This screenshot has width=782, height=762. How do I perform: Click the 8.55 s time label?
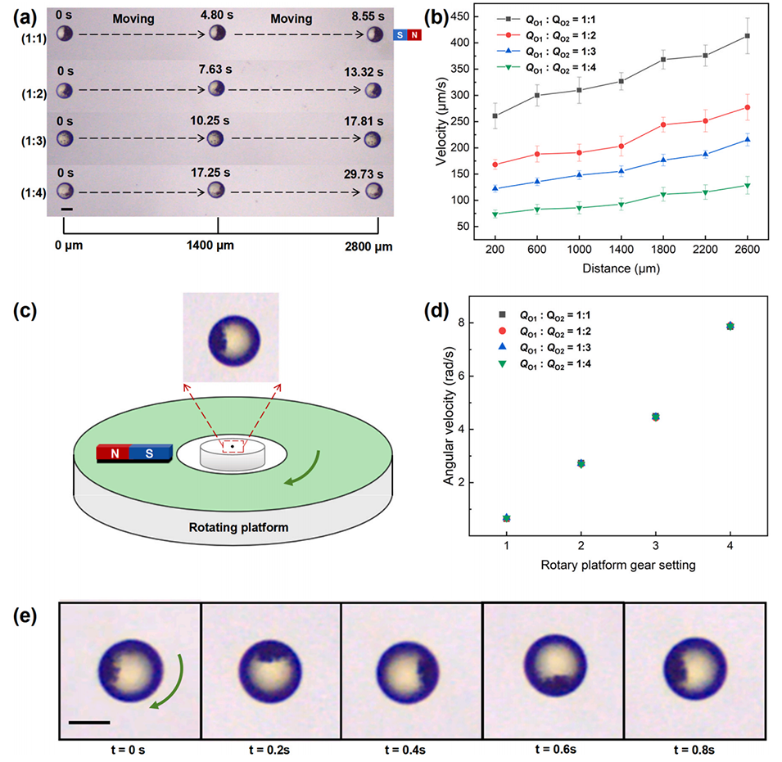(369, 15)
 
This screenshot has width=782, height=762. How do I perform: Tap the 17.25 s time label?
(215, 171)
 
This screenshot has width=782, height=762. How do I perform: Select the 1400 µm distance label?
(217, 244)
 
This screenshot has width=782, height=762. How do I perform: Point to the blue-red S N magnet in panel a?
(408, 34)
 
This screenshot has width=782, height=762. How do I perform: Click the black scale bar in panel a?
(67, 210)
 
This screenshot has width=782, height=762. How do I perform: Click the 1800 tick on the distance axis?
(663, 251)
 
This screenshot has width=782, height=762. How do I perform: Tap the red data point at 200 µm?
(495, 165)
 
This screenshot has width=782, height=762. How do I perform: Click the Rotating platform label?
(235, 527)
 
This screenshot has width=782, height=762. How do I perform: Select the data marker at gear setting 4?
(730, 326)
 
